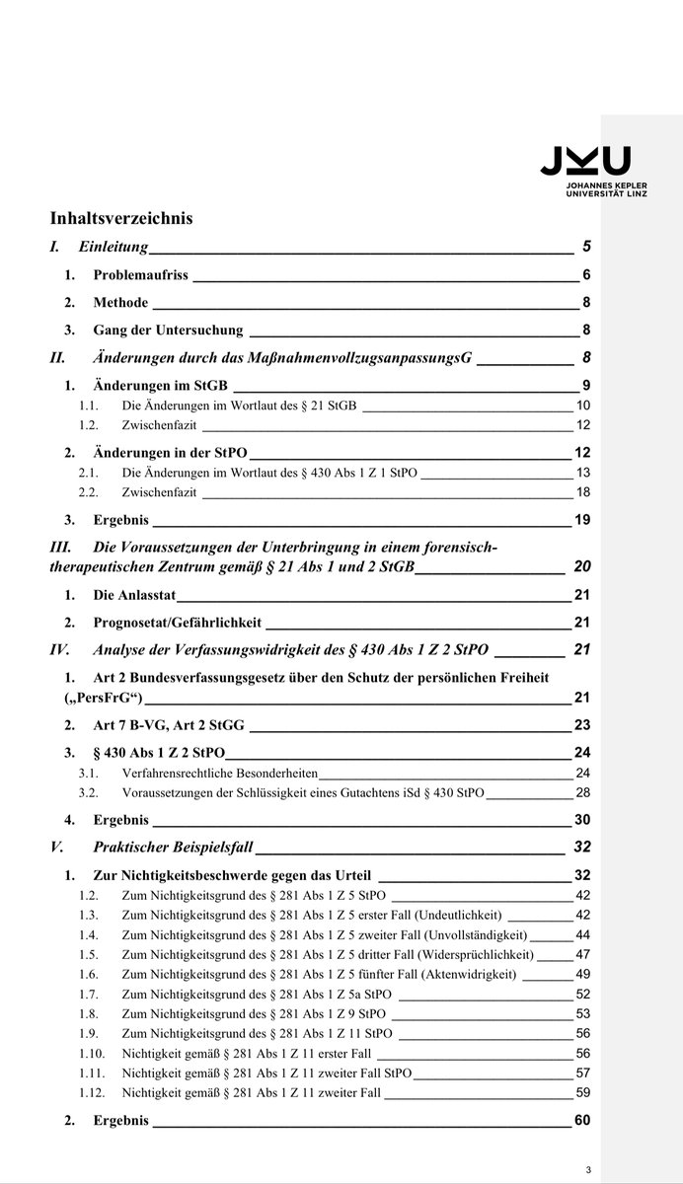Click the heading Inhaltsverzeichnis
point(121,218)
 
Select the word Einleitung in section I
point(113,247)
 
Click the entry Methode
point(120,303)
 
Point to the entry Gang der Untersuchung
point(168,331)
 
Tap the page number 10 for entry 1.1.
point(583,406)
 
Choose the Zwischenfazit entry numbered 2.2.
point(159,491)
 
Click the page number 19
point(582,520)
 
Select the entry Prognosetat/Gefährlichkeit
point(178,623)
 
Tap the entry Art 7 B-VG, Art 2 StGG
point(169,725)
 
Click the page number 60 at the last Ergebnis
point(581,1121)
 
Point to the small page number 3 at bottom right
point(587,1170)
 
